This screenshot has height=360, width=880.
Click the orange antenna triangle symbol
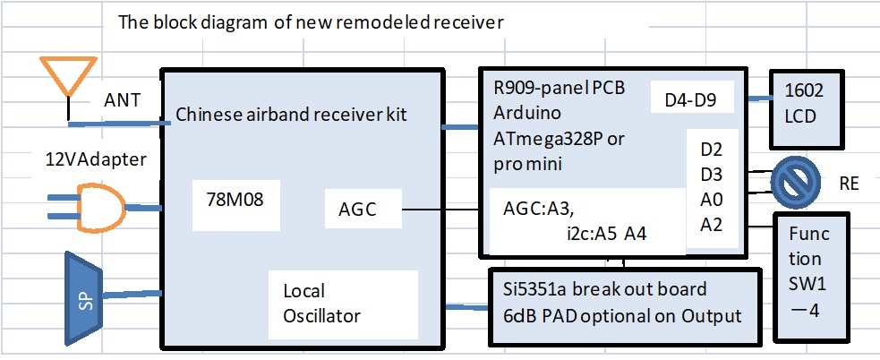coord(67,75)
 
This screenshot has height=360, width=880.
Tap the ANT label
coord(122,99)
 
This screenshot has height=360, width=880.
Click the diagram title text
coord(310,21)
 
